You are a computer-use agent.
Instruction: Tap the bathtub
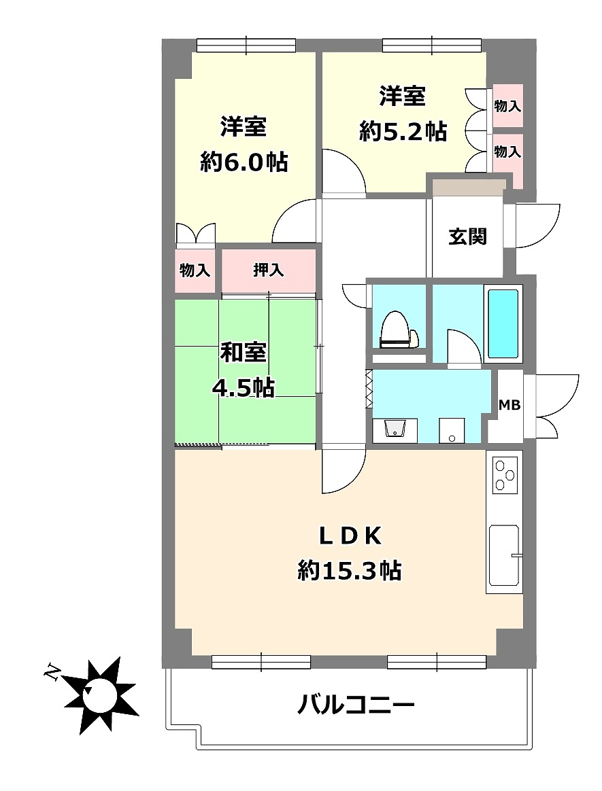tap(503, 323)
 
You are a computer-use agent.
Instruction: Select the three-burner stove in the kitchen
tap(503, 474)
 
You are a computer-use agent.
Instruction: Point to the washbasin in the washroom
tap(395, 429)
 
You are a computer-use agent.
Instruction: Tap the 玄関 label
tap(468, 236)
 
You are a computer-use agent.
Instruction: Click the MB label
tap(509, 404)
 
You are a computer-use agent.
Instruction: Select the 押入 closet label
tap(268, 270)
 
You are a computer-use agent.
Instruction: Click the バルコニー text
tap(356, 704)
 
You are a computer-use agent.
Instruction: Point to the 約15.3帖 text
tap(350, 571)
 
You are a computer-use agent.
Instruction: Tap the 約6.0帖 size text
tap(244, 162)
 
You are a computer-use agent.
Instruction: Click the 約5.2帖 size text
tap(403, 132)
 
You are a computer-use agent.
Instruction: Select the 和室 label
tap(244, 353)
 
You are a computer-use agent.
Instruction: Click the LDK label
tap(350, 536)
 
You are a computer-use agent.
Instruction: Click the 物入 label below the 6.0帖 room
tap(195, 271)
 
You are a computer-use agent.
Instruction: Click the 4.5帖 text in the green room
tap(244, 387)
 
